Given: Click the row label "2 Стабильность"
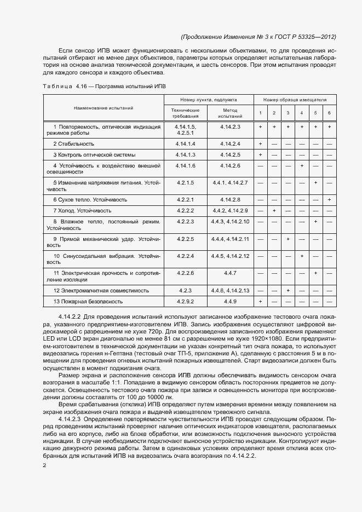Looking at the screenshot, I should coord(73,143).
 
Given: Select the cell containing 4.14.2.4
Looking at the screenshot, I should coord(230,143).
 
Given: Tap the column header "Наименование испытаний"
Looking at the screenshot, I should coord(104,108).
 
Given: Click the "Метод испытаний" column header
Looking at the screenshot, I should coord(230,113).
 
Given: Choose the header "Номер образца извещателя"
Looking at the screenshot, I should coord(295,100).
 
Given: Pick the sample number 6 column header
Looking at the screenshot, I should coord(329,113).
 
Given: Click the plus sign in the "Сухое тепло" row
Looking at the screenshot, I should coord(329,199).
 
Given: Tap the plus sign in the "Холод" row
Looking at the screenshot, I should coord(274,211).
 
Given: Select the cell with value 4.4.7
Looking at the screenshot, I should coord(230,273).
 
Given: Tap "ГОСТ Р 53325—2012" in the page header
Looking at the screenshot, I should coord(308,37).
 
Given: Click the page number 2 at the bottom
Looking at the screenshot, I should coord(44,465).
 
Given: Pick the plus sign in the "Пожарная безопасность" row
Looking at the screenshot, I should coord(260,301).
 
